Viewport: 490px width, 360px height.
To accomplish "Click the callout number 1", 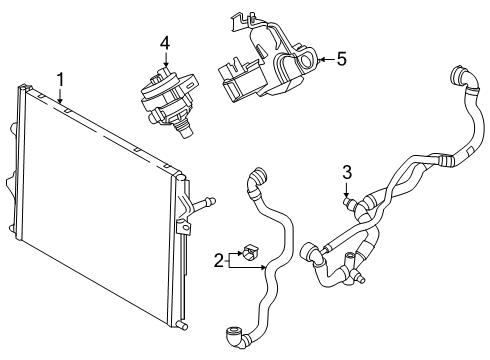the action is [x=60, y=80].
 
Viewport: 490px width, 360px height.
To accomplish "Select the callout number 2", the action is [x=218, y=260].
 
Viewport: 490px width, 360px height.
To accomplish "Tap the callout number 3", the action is [x=347, y=172].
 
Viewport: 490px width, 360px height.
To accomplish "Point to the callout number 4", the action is [x=165, y=44].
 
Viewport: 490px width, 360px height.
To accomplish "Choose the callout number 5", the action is [x=342, y=59].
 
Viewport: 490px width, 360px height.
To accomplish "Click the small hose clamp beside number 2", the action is [x=251, y=251].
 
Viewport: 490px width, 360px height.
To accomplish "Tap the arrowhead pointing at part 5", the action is [x=321, y=60].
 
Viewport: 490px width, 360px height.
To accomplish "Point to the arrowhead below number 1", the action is [x=60, y=100].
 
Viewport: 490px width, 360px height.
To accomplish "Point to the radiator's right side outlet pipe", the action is [x=204, y=203].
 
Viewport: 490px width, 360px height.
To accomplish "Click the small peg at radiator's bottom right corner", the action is [x=183, y=325].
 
